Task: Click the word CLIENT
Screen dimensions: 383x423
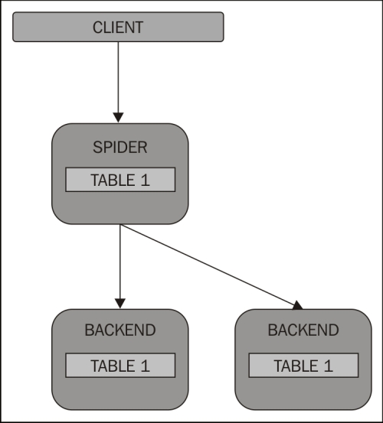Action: (x=118, y=28)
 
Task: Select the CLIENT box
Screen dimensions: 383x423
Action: (x=118, y=27)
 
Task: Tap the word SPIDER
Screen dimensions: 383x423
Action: (x=120, y=148)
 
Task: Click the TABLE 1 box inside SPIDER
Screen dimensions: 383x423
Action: (x=120, y=180)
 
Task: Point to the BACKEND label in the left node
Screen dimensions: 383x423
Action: (x=120, y=330)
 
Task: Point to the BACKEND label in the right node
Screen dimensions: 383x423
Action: (x=303, y=330)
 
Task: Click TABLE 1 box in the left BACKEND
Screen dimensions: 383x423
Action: (x=120, y=366)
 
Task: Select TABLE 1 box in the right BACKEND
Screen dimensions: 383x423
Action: (x=303, y=366)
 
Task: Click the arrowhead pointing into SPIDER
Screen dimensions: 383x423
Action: (x=118, y=117)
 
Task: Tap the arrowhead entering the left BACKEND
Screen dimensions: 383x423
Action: (x=120, y=303)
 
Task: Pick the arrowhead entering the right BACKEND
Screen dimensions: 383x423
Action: (x=298, y=305)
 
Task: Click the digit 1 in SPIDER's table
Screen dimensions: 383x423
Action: (x=145, y=180)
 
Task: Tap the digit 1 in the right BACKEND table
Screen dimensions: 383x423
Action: (x=329, y=366)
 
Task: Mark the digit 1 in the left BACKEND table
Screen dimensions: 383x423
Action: (x=145, y=366)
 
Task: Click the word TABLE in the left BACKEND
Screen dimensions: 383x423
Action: (x=113, y=366)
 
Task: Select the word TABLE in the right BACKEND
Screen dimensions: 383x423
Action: (x=296, y=366)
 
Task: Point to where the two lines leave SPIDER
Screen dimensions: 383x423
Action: (x=120, y=224)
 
